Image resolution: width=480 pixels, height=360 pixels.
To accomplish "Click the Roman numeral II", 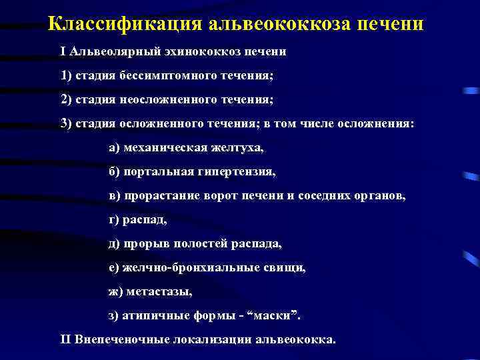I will (65, 339).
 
